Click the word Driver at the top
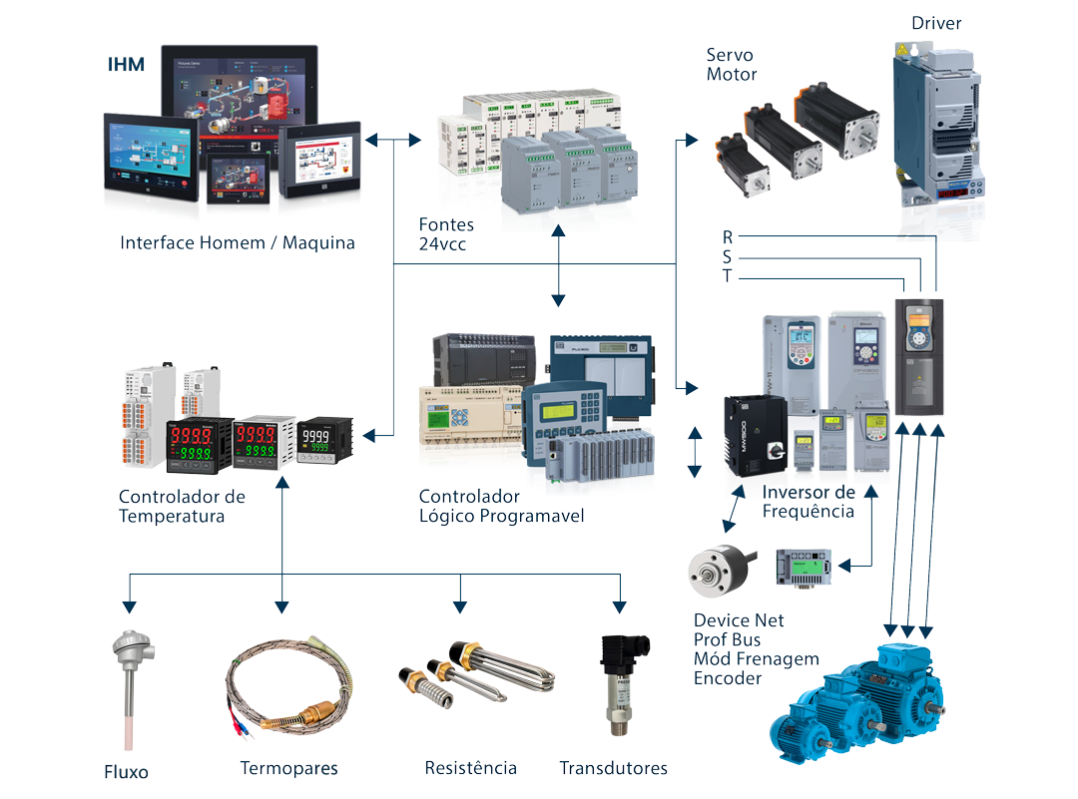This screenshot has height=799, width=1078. point(936,23)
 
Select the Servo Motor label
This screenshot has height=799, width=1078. point(731,65)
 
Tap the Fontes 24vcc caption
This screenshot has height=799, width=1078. point(446,234)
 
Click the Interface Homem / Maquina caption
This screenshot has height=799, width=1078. point(238,242)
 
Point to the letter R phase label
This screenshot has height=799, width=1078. point(728,237)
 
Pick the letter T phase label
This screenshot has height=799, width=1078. point(728,276)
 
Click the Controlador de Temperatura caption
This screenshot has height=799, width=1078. point(181,507)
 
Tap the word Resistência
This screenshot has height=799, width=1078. point(470,768)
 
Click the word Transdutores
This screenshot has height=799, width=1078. point(613,768)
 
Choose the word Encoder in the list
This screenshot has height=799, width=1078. point(728,678)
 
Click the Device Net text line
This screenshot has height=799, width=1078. point(739,620)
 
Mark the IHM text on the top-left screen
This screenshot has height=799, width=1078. point(126,66)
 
